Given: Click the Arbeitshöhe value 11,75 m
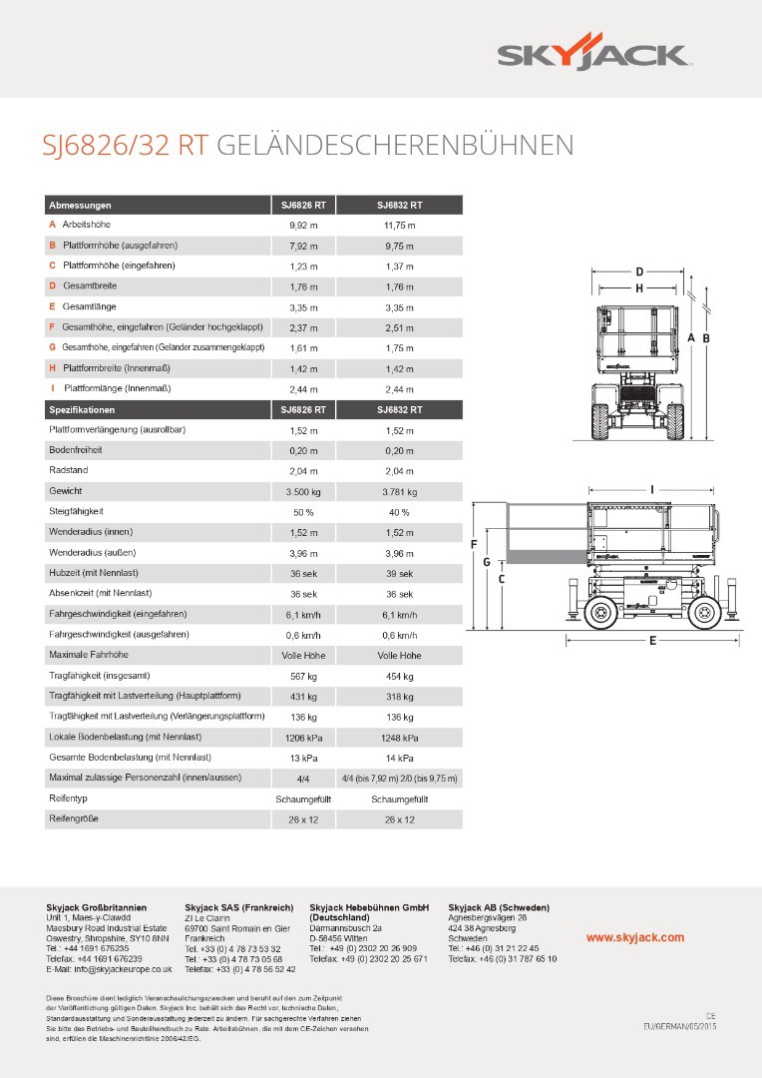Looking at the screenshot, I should point(399,226).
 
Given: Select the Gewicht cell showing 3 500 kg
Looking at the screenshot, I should point(303,492).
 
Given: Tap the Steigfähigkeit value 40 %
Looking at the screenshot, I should point(399,512).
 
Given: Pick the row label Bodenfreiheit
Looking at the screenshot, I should point(76,450).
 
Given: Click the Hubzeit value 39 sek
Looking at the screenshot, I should point(399,574).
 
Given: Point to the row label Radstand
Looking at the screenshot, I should point(66,471).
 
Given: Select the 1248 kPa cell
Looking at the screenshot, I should point(399,738).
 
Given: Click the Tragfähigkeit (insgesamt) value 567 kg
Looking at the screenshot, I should point(303,676).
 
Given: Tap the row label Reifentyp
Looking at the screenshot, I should point(68,799).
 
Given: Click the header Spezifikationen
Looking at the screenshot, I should point(82,409).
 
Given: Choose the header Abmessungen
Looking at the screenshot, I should point(80,205).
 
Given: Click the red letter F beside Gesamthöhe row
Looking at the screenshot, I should point(52,327).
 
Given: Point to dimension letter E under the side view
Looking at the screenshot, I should point(652,641).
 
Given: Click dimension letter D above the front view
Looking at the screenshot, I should point(639,271).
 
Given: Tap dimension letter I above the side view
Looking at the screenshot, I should point(651,489).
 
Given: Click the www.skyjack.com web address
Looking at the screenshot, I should point(634,937).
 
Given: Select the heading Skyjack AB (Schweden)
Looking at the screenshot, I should point(499,907).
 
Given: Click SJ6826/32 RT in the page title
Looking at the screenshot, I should point(124,146).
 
